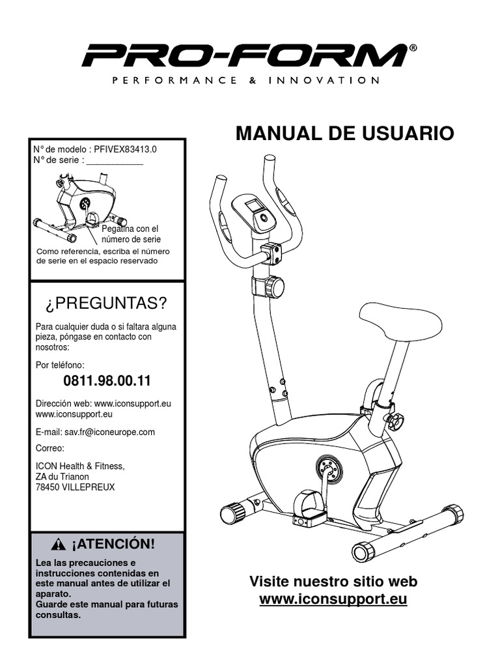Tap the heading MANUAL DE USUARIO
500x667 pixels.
(344, 134)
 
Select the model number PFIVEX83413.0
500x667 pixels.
(125, 149)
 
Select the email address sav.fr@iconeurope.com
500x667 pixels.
(109, 432)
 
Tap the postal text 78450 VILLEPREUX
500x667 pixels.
(75, 487)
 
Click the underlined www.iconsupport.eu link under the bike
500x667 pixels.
(333, 599)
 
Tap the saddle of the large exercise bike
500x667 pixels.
(400, 321)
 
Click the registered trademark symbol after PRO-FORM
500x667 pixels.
(413, 48)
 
